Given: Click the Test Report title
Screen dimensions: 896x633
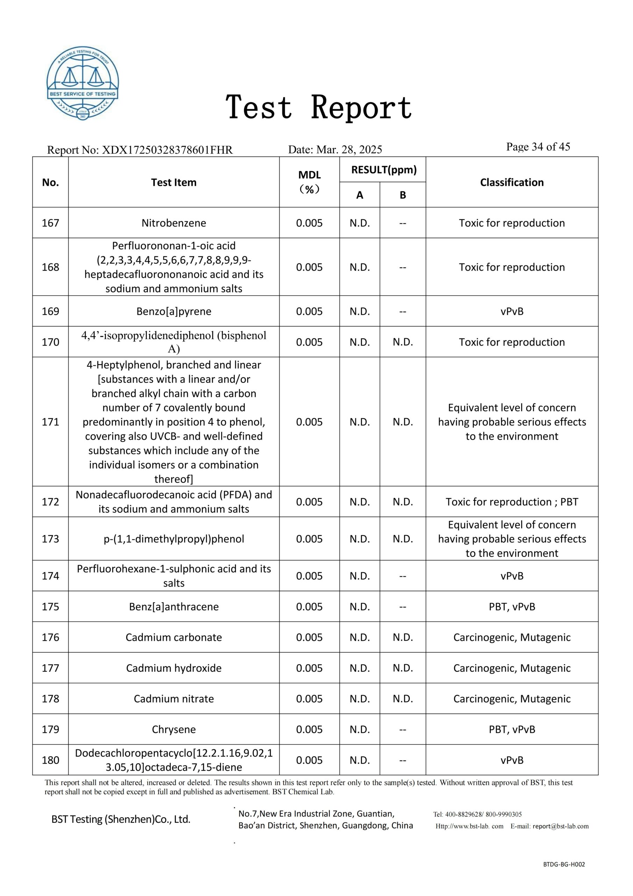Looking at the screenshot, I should [x=319, y=107].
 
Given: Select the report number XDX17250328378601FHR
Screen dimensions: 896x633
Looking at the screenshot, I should [x=167, y=150].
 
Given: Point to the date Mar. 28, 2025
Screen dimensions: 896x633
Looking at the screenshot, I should [x=349, y=149].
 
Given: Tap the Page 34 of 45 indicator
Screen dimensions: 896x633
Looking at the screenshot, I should [x=538, y=147].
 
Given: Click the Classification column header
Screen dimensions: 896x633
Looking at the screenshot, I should [x=511, y=182].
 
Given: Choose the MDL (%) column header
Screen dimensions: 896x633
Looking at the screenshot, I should [x=309, y=182].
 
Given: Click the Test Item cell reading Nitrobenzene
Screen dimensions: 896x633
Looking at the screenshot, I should [x=173, y=223].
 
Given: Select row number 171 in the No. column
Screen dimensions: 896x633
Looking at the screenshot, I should [x=50, y=422].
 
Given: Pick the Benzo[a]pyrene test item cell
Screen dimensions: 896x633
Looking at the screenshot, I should [x=173, y=311].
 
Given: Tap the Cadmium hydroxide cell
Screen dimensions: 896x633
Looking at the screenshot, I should [x=173, y=668].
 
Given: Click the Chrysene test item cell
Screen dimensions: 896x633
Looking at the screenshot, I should [x=173, y=729].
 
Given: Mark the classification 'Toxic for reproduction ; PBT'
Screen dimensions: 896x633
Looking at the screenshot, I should [x=511, y=502].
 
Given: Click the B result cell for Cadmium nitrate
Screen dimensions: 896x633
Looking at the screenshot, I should [x=403, y=699].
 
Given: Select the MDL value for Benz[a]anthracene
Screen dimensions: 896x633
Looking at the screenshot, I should [x=309, y=607].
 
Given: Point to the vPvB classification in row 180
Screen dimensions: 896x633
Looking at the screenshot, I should [x=511, y=760].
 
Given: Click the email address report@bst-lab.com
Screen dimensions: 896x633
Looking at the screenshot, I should [x=561, y=826].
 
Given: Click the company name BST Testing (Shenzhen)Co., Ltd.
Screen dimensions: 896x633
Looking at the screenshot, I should [x=121, y=819].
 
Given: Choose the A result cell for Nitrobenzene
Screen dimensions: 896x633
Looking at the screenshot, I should [x=359, y=223].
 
